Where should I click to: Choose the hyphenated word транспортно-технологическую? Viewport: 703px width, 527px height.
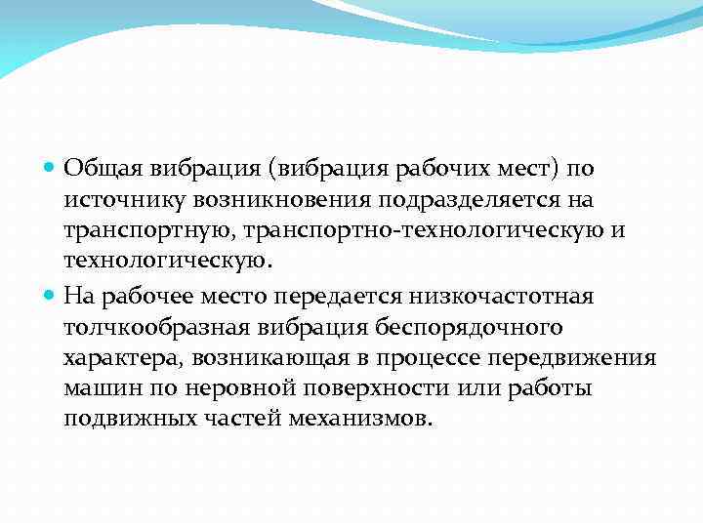coord(426,230)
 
